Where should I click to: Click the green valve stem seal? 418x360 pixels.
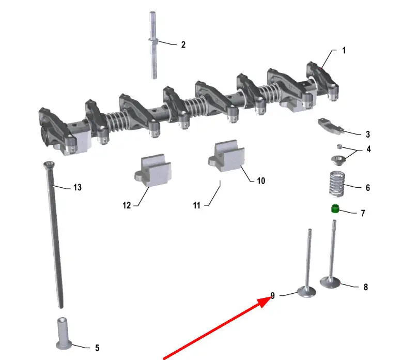(335, 208)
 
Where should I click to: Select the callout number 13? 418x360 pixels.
(78, 187)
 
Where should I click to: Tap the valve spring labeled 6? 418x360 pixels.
(337, 184)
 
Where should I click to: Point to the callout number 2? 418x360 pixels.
(183, 44)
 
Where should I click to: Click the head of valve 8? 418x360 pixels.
(330, 282)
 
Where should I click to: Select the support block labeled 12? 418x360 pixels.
(153, 170)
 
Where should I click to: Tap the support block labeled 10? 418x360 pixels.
(226, 156)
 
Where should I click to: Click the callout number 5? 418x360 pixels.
(97, 348)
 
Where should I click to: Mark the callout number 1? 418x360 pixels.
(344, 50)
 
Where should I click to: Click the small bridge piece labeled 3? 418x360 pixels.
(331, 126)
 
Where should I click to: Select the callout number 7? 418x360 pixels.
(363, 213)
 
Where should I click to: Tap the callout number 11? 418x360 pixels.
(196, 205)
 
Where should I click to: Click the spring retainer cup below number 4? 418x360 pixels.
(338, 161)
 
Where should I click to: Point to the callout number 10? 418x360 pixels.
(261, 181)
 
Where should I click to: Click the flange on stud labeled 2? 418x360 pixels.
(153, 40)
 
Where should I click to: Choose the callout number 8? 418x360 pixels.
(366, 287)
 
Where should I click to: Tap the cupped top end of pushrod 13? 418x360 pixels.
(49, 164)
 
